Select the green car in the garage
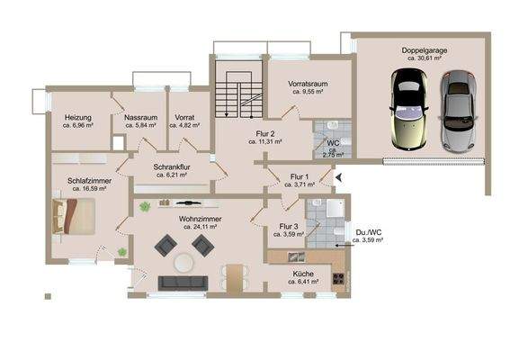408,111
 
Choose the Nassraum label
140,117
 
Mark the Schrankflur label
172,167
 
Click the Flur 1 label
300,176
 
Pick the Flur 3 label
289,226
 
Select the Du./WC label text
369,233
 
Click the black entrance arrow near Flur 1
339,178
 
